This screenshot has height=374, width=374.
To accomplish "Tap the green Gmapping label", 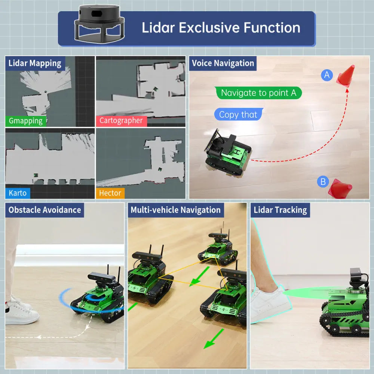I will (x=26, y=120).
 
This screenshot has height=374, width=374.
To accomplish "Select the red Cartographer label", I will (x=121, y=120).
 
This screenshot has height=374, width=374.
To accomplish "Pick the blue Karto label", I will (x=18, y=193).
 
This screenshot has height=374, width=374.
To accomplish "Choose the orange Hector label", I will (x=110, y=193).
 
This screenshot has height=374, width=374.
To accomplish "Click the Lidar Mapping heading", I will (x=35, y=63).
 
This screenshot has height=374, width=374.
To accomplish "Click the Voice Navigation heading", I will (x=223, y=63).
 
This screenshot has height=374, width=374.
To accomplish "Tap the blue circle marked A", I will (x=327, y=75).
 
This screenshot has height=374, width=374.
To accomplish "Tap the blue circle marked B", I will (x=323, y=182).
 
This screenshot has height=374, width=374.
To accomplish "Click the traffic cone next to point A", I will (x=346, y=76).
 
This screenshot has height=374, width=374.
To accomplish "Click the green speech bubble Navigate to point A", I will (x=258, y=93).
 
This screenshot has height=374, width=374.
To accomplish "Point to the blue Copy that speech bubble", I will (x=238, y=114).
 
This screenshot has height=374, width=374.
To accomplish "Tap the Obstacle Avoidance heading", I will (x=45, y=210).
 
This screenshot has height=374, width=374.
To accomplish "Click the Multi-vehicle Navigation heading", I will (x=175, y=210).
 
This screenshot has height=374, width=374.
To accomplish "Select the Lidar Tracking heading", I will (x=280, y=210).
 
